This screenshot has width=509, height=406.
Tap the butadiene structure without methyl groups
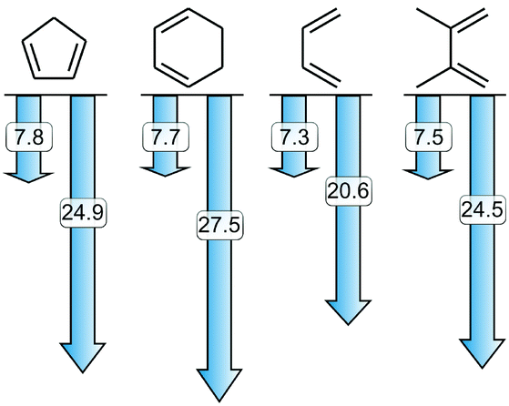tap(302, 48)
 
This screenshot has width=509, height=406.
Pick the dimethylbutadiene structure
tap(451, 47)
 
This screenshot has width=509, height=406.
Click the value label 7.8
tap(29, 137)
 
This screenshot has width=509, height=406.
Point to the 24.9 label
tap(83, 213)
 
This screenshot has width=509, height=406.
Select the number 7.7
tap(166, 137)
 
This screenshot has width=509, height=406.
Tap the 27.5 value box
tap(219, 225)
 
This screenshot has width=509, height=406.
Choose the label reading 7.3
tap(295, 137)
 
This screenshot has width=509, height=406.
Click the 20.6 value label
tap(349, 191)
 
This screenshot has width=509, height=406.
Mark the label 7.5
tap(429, 137)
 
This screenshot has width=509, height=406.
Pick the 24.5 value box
tap(483, 209)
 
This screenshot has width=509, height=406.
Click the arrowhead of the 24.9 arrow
tap(83, 357)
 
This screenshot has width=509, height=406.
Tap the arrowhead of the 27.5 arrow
tap(219, 384)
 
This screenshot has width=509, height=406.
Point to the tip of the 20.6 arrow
tap(349, 325)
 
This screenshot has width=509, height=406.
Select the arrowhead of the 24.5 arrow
tap(483, 353)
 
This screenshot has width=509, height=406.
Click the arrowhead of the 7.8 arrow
tap(28, 178)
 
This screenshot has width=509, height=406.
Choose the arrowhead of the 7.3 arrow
tap(294, 172)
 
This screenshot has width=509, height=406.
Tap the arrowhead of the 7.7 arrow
tap(165, 172)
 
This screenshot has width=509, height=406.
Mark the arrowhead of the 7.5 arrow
tap(428, 174)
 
